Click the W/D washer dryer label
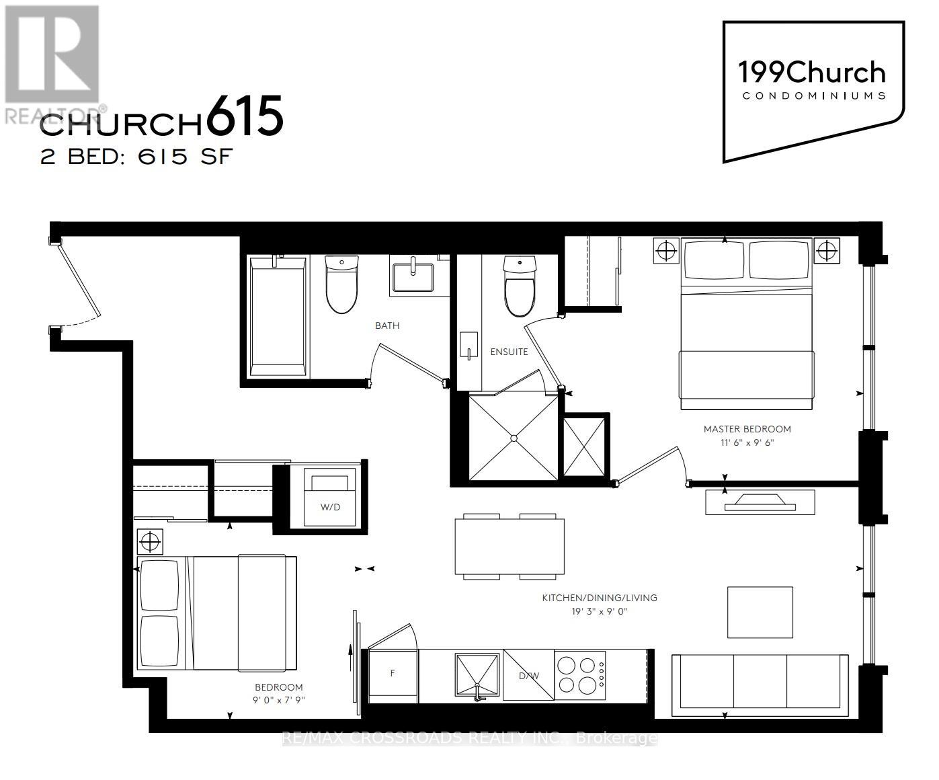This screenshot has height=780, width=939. click(x=330, y=506)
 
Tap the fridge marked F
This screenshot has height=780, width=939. click(x=392, y=673)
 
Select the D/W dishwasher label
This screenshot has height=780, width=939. click(x=528, y=675)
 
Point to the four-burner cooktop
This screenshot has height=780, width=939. click(x=579, y=675)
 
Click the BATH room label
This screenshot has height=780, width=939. click(x=387, y=325)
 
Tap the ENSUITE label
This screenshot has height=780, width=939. click(x=509, y=352)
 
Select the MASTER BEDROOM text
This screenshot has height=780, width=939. click(x=747, y=429)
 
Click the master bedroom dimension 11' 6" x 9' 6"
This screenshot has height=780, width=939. click(x=747, y=442)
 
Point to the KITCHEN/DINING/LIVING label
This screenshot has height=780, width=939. click(x=600, y=597)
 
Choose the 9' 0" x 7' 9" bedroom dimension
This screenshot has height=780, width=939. click(x=278, y=700)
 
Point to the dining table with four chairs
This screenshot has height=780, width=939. click(x=509, y=546)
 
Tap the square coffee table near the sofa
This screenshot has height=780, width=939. click(x=760, y=612)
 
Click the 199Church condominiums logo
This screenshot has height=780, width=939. click(x=811, y=81)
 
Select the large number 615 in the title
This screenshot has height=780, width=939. click(x=245, y=117)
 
